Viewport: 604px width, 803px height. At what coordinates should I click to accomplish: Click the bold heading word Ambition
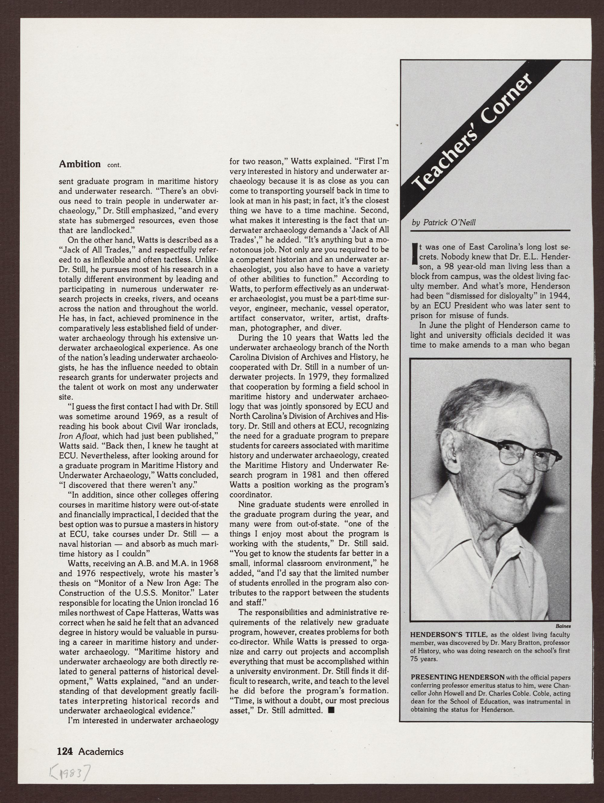[80, 164]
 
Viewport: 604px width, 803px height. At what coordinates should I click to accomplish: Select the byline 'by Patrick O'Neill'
[443, 223]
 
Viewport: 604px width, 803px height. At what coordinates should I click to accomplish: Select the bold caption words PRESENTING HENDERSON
[457, 677]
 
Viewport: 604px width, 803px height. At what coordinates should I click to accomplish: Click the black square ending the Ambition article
[331, 710]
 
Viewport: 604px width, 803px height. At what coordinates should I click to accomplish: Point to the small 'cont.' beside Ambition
[114, 165]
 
